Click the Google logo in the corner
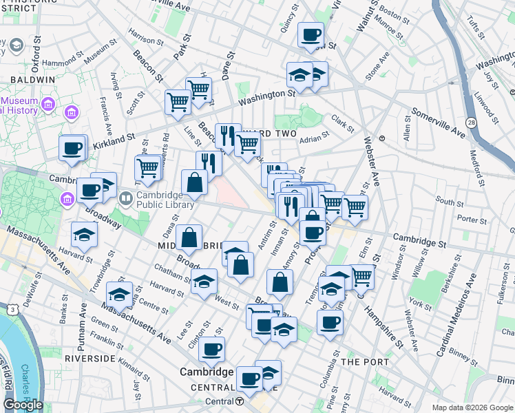[x=23, y=404]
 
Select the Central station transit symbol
[x=239, y=401]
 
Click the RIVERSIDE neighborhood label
[x=89, y=359]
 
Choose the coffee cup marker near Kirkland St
[x=72, y=148]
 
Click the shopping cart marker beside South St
[x=355, y=206]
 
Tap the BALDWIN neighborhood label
[x=32, y=80]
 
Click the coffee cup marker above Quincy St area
[x=311, y=34]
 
